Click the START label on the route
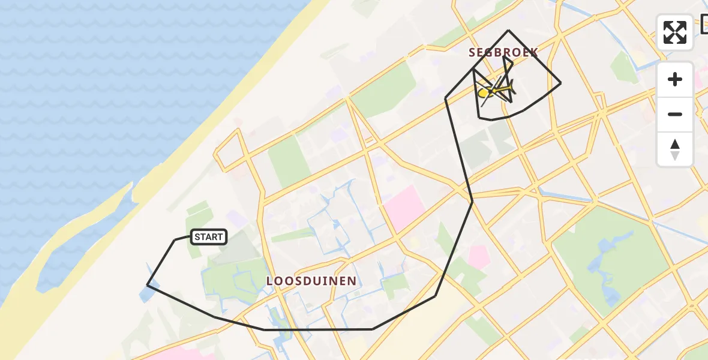[x=208, y=237]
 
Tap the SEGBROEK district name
[x=503, y=52]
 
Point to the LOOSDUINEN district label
[x=311, y=281]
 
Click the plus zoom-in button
[x=675, y=80]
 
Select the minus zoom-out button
[x=675, y=114]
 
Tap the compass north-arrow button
[x=675, y=149]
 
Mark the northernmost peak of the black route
[x=509, y=30]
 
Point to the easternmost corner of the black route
[x=560, y=83]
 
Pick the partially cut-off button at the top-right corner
[x=704, y=24]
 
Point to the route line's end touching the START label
[x=191, y=237]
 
